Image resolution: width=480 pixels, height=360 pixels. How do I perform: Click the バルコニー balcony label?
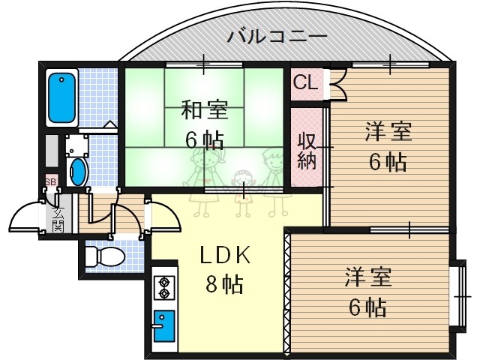pyautogui.click(x=277, y=35)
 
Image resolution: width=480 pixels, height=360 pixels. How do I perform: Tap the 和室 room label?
pyautogui.click(x=202, y=110)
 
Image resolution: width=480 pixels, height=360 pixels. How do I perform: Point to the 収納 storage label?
pyautogui.click(x=307, y=149)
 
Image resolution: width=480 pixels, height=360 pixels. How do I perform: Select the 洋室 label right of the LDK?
pyautogui.click(x=367, y=277)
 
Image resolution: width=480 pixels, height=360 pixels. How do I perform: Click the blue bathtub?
pyautogui.click(x=61, y=97)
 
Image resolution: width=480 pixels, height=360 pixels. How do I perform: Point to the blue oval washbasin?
pyautogui.click(x=77, y=172)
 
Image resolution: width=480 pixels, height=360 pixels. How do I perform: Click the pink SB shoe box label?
pyautogui.click(x=50, y=181)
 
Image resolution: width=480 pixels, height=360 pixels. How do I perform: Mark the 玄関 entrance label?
pyautogui.click(x=58, y=218)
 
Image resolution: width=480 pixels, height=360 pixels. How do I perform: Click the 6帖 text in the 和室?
pyautogui.click(x=202, y=139)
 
